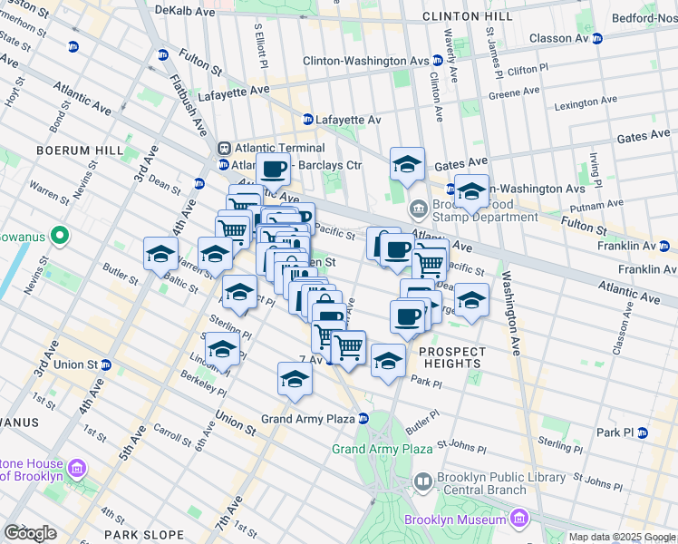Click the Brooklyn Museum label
tap(455, 520)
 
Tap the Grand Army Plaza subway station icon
tap(363, 418)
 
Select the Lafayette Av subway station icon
tap(308, 120)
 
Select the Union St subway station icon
tap(106, 364)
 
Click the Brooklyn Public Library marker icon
tap(422, 481)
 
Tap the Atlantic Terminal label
tap(278, 148)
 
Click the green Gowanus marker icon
tap(60, 237)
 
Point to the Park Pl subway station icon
tap(643, 432)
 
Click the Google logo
tap(31, 533)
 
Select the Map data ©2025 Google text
tap(621, 537)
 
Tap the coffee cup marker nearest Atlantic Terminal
tap(273, 168)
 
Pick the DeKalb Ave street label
tap(185, 11)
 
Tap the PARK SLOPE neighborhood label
tap(138, 535)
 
